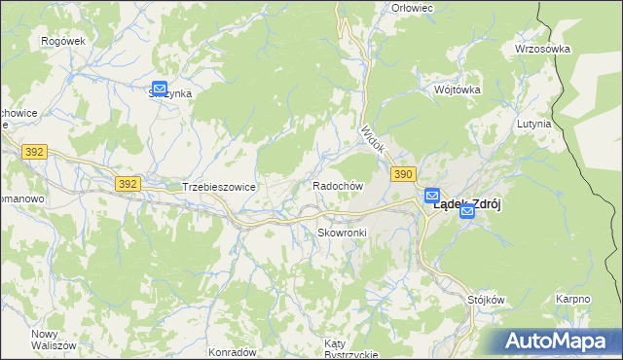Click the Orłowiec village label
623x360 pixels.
coord(411,8)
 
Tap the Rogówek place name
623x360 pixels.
coord(64,41)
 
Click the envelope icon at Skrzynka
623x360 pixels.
coord(160,89)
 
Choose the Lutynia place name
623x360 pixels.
coord(535,125)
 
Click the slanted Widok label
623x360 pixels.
coord(373,141)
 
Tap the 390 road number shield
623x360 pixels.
coord(405,173)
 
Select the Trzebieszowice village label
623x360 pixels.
coord(218,186)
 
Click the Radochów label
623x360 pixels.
coord(338,185)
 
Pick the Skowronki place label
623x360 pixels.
coord(341,234)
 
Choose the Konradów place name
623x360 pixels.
coord(233,351)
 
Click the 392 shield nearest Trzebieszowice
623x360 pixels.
coord(127,183)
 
